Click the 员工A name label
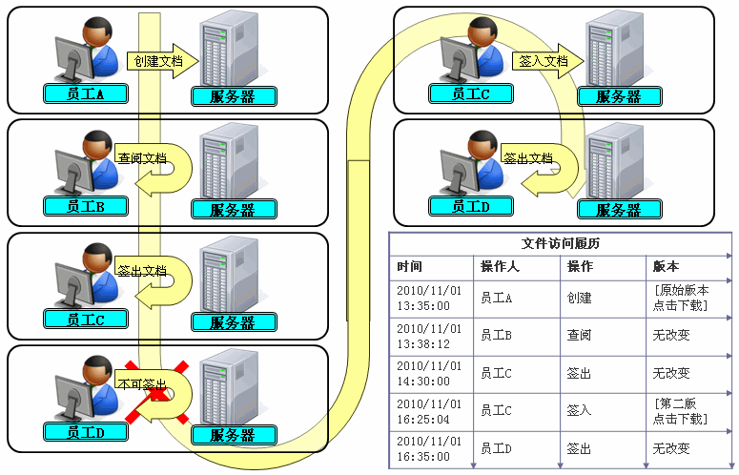pyautogui.click(x=85, y=93)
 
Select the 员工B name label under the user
pyautogui.click(x=85, y=206)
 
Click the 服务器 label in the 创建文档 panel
pyautogui.click(x=234, y=95)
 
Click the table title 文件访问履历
pyautogui.click(x=561, y=243)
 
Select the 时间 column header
pyautogui.click(x=410, y=266)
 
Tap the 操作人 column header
pyautogui.click(x=499, y=266)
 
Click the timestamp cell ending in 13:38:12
pyautogui.click(x=427, y=335)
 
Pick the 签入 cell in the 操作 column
pyautogui.click(x=580, y=410)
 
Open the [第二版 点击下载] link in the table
pyautogui.click(x=679, y=410)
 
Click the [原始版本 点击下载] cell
pyautogui.click(x=679, y=298)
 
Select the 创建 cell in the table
pyautogui.click(x=580, y=298)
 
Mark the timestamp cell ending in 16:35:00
pyautogui.click(x=427, y=448)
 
